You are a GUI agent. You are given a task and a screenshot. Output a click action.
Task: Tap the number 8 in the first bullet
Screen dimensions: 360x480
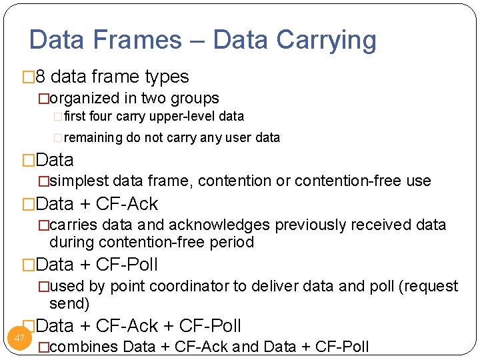tap(40, 77)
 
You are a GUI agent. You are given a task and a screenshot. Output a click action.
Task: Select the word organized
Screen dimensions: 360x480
tap(85, 99)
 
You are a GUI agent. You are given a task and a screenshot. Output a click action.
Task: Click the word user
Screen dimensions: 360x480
tap(241, 138)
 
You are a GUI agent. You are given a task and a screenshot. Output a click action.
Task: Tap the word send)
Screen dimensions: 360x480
tap(69, 304)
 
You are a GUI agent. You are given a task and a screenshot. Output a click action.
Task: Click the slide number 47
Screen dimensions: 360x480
tap(19, 338)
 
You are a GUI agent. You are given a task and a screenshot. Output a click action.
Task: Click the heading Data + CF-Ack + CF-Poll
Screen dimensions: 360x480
tap(138, 326)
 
